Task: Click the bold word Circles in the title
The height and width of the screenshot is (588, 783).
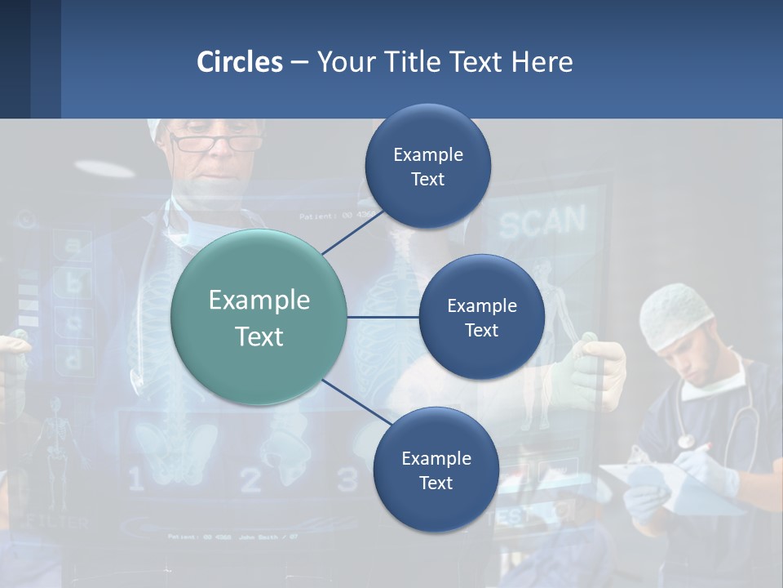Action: pos(239,62)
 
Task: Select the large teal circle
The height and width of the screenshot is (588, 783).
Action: pos(259,318)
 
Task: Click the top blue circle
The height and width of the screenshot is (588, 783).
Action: pos(427,167)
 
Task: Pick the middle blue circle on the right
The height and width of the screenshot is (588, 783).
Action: pos(481,317)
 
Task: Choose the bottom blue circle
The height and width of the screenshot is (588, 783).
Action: pos(436,470)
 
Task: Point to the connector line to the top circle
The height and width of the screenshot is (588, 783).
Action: pos(352,231)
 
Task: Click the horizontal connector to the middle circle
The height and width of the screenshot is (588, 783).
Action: pos(383,317)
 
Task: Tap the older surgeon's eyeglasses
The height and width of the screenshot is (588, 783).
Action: pos(215,144)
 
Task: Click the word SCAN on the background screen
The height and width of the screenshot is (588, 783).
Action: pos(542,221)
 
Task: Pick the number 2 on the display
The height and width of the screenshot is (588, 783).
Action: pos(250,480)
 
